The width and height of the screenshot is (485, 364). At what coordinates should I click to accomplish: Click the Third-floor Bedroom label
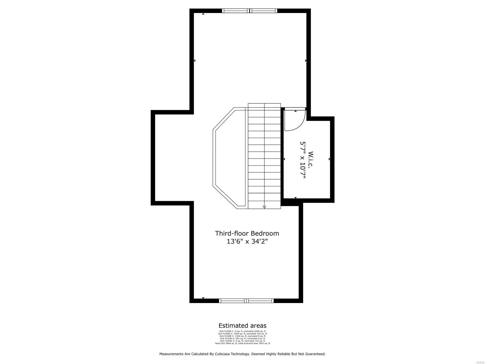coord(247,233)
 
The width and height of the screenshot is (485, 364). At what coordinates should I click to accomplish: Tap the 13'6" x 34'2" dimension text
coord(247,242)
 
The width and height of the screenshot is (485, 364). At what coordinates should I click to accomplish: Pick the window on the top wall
coord(249,11)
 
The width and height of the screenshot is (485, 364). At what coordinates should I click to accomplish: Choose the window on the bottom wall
coord(246,301)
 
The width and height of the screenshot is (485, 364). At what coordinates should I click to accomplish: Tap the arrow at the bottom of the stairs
coord(264,207)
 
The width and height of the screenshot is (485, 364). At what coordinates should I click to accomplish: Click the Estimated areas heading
coord(242,326)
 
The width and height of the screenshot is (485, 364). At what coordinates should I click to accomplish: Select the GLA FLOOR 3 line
coord(242,336)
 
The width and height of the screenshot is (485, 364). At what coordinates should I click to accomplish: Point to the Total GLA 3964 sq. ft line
coord(242,343)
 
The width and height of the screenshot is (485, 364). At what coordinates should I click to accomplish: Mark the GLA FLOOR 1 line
coord(242,331)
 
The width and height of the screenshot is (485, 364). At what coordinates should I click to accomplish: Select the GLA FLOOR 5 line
coord(242,341)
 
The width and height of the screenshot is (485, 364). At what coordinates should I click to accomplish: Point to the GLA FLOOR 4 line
coord(242,339)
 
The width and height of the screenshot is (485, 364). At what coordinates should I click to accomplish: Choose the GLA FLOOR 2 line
coord(242,334)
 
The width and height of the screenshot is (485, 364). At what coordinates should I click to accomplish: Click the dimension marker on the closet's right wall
coord(329,159)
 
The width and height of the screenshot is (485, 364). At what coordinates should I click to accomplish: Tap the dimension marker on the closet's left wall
coord(284,159)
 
